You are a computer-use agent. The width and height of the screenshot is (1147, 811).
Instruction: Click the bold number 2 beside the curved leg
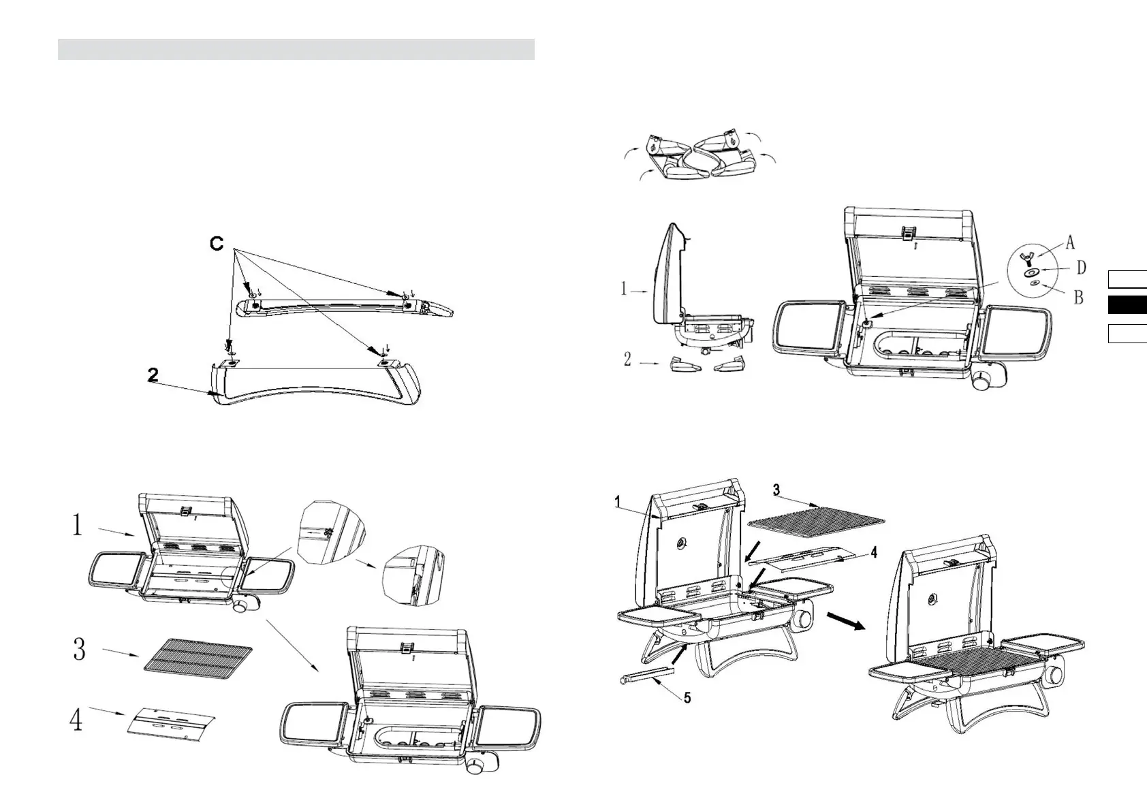coord(154,375)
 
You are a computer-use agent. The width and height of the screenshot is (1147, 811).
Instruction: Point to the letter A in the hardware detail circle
coord(1070,242)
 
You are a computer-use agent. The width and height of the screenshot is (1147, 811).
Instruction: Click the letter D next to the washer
coord(1081,269)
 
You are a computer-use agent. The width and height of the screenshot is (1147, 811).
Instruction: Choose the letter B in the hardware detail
coord(1079,297)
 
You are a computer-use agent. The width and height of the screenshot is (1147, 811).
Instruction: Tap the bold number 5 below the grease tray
coord(687,698)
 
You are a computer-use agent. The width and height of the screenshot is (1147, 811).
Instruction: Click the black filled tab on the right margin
coord(1127,305)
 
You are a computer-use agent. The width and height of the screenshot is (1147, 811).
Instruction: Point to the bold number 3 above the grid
coord(777,490)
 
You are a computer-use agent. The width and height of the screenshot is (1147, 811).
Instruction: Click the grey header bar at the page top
coord(296,50)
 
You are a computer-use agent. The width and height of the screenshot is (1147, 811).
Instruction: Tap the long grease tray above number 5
coord(647,675)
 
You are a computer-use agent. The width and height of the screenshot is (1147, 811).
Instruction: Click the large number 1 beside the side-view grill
coord(624,289)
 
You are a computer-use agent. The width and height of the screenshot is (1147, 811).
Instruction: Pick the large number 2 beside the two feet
coord(627,359)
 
